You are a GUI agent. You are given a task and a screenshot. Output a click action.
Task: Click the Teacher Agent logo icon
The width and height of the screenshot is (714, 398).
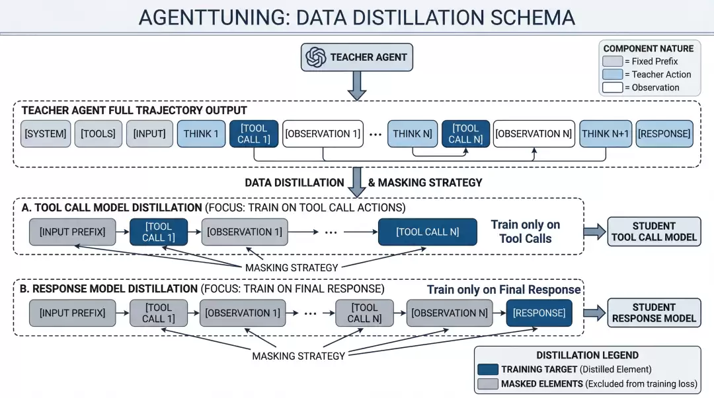[315, 57]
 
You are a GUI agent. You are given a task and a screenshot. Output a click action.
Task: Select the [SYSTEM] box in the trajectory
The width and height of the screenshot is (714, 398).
[46, 134]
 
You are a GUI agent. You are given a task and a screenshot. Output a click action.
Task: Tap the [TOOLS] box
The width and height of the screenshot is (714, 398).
[99, 134]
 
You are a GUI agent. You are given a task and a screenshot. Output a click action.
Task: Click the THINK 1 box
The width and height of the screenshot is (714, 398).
[201, 134]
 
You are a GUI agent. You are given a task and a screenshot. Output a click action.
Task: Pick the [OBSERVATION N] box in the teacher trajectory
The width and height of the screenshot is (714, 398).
[534, 134]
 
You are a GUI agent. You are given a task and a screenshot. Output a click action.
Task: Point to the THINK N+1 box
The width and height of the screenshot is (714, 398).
[606, 134]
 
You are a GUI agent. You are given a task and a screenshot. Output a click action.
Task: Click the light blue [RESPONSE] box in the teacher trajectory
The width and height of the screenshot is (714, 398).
[664, 134]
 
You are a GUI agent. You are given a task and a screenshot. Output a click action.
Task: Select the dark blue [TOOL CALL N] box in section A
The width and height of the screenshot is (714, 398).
[428, 232]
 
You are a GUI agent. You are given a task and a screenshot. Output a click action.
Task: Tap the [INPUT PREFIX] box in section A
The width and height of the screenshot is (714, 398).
[73, 232]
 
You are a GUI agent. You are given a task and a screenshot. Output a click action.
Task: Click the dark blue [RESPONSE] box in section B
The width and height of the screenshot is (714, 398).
[539, 313]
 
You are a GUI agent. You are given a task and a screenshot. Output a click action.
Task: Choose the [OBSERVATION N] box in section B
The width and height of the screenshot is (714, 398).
[450, 313]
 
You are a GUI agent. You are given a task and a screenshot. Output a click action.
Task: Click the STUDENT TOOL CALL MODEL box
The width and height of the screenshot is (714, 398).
[654, 232]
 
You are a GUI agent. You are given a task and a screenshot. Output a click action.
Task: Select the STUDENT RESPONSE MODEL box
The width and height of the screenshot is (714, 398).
[654, 313]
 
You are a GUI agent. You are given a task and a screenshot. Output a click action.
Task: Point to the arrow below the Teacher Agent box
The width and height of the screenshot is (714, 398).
[357, 86]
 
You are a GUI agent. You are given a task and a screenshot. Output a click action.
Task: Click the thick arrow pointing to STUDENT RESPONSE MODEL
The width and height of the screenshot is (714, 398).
[595, 313]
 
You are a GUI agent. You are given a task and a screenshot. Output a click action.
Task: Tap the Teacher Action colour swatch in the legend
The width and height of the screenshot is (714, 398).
[612, 74]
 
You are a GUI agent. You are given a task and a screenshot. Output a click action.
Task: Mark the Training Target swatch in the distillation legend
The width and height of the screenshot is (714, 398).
[488, 370]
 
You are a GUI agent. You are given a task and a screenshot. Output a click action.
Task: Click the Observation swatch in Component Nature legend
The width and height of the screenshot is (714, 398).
[612, 87]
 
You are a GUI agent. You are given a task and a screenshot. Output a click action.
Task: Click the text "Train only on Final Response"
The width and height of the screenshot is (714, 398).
[504, 290]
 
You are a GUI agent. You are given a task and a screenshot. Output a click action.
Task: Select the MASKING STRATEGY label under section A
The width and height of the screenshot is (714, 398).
[292, 268]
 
